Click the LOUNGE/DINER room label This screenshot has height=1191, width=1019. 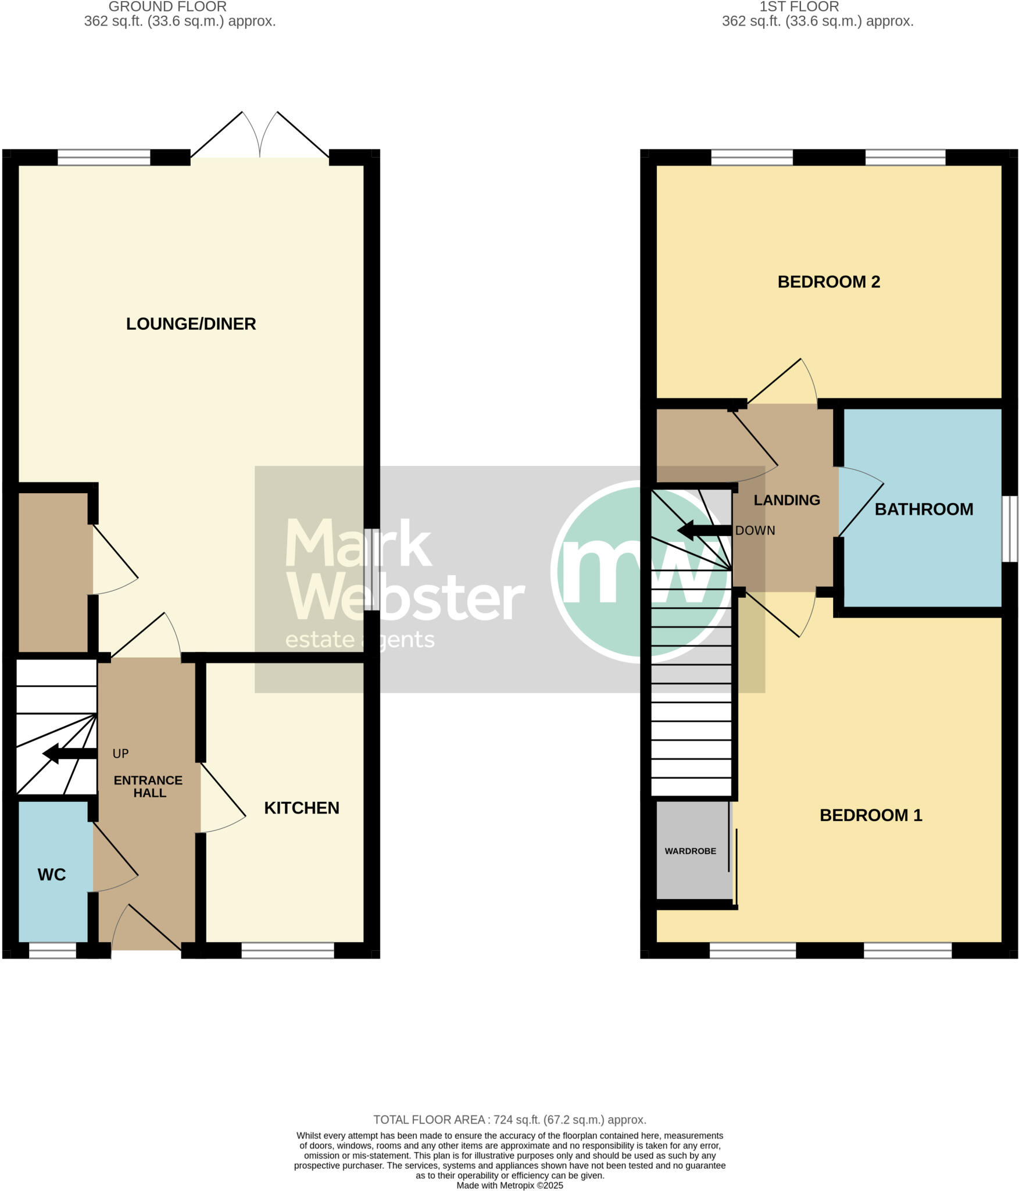pyautogui.click(x=191, y=324)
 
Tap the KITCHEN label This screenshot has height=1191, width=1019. pyautogui.click(x=301, y=808)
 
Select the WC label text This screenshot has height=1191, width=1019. pyautogui.click(x=52, y=875)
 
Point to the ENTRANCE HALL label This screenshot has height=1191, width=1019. pyautogui.click(x=148, y=786)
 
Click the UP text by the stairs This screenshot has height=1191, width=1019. pyautogui.click(x=120, y=754)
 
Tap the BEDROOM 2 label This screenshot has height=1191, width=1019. pyautogui.click(x=828, y=282)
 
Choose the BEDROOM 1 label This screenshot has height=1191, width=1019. pyautogui.click(x=870, y=815)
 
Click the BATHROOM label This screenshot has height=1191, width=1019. pyautogui.click(x=923, y=509)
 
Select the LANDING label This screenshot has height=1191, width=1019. pyautogui.click(x=786, y=500)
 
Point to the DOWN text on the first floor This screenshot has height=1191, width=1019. pyautogui.click(x=755, y=530)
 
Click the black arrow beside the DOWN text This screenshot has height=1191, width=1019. pyautogui.click(x=704, y=530)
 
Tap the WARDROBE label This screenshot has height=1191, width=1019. pyautogui.click(x=690, y=851)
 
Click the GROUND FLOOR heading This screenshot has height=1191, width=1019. pyautogui.click(x=167, y=7)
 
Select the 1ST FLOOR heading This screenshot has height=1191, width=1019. pyautogui.click(x=799, y=7)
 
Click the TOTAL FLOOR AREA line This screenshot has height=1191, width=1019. pyautogui.click(x=509, y=1119)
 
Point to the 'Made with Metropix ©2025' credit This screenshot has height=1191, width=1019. pyautogui.click(x=509, y=1185)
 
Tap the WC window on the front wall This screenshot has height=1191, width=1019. pyautogui.click(x=52, y=950)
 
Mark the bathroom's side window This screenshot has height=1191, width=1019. pyautogui.click(x=1010, y=529)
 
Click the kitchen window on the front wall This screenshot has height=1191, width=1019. pyautogui.click(x=288, y=950)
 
